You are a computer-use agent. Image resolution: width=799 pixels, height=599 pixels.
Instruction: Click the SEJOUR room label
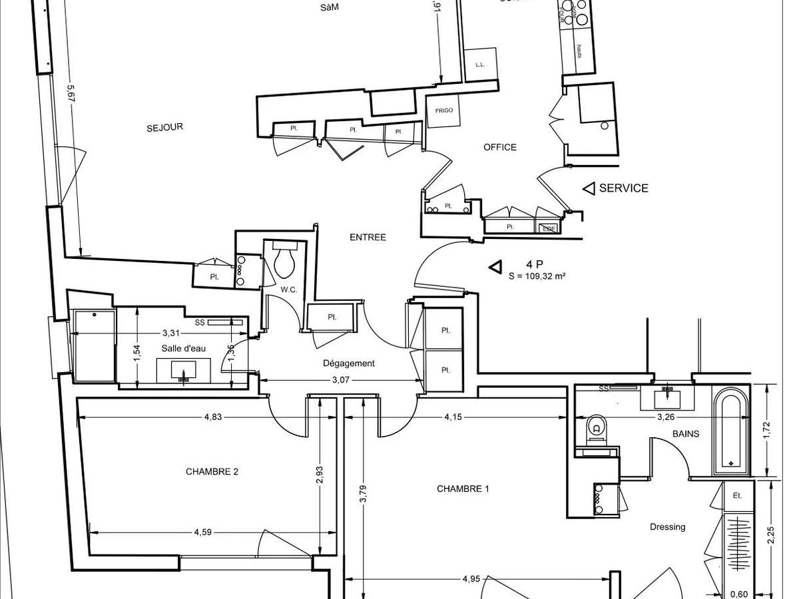164,127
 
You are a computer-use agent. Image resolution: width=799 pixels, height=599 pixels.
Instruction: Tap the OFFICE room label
499,147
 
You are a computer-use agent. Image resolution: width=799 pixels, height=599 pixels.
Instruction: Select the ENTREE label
368,238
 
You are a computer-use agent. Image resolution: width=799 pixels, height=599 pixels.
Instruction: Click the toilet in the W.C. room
284,261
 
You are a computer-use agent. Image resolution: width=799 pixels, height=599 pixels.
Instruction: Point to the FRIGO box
444,110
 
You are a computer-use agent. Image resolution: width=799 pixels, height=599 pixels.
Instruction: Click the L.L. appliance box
479,65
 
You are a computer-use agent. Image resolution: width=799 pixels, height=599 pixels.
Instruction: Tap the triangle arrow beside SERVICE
589,188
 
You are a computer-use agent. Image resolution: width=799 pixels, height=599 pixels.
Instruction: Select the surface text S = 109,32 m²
537,276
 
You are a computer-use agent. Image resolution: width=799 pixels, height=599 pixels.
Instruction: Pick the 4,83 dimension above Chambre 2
213,417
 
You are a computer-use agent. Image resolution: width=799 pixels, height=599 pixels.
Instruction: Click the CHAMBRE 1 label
463,489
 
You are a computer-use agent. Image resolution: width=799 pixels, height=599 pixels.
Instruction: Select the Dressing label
667,527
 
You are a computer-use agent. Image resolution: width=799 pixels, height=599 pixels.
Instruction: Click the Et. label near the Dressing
737,496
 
